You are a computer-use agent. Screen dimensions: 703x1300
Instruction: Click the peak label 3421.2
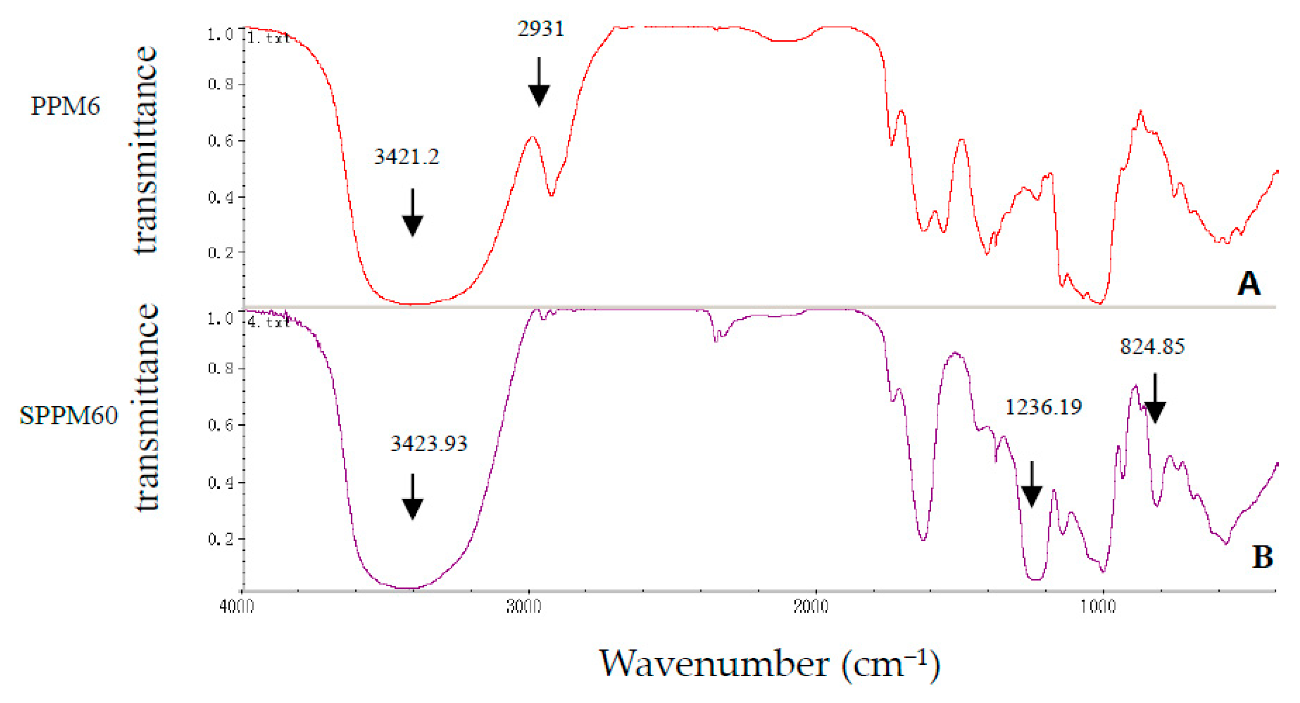click(x=406, y=156)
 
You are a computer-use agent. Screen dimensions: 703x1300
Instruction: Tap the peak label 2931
click(x=541, y=29)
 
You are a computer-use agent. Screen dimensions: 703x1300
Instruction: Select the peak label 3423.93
click(x=429, y=443)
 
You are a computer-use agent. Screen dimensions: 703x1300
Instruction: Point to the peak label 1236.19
click(x=1043, y=407)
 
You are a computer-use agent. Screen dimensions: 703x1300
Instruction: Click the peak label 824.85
click(x=1152, y=346)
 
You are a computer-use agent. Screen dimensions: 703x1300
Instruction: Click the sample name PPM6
click(x=65, y=106)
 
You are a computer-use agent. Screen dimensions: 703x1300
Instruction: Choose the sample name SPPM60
click(x=68, y=416)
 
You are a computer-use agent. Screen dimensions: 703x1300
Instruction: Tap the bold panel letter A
click(x=1249, y=283)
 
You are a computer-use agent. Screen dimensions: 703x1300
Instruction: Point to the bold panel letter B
click(x=1262, y=557)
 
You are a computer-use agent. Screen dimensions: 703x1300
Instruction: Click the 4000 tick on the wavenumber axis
click(x=237, y=607)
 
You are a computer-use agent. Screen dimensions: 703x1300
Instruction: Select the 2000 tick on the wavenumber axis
click(x=811, y=607)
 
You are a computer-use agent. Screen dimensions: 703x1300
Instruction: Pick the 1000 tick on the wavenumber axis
click(x=1098, y=607)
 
